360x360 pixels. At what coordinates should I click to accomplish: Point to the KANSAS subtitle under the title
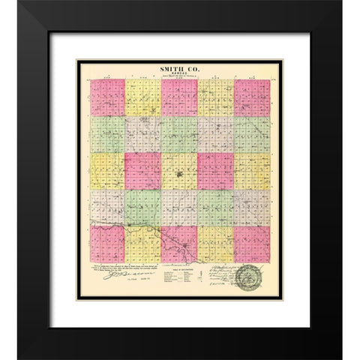pyautogui.click(x=180, y=73)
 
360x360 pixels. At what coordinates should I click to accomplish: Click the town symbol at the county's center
pyautogui.click(x=179, y=178)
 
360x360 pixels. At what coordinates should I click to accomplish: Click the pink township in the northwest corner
pyautogui.click(x=106, y=98)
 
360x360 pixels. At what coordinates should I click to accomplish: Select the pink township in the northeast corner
pyautogui.click(x=252, y=98)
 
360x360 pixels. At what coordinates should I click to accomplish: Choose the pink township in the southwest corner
pyautogui.click(x=106, y=244)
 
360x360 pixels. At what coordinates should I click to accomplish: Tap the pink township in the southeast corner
pyautogui.click(x=252, y=244)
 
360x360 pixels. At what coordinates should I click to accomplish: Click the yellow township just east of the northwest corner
pyautogui.click(x=142, y=98)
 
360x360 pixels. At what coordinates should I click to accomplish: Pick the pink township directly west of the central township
pyautogui.click(x=142, y=171)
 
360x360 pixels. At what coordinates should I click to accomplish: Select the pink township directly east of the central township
pyautogui.click(x=215, y=171)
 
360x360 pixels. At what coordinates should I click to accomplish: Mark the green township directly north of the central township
pyautogui.click(x=179, y=135)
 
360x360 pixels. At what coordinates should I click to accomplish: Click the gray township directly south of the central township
pyautogui.click(x=179, y=208)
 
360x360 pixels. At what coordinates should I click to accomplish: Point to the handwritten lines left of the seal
pyautogui.click(x=217, y=274)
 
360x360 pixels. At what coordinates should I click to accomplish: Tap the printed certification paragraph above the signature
pyautogui.click(x=120, y=268)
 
